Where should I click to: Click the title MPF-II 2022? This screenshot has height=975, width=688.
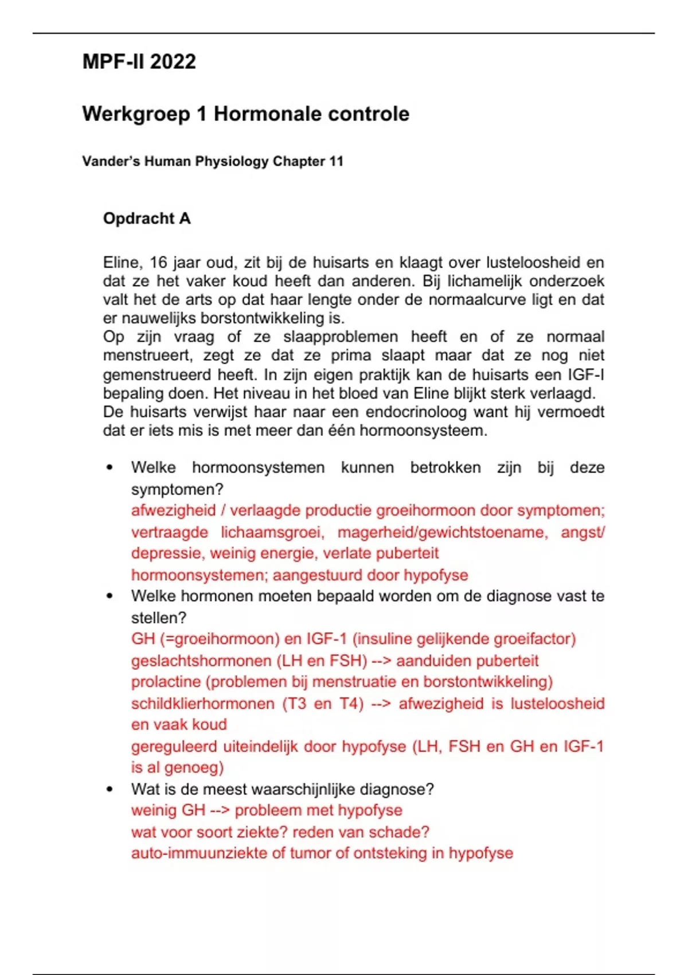click(x=139, y=61)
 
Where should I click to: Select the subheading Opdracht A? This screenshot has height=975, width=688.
click(x=147, y=219)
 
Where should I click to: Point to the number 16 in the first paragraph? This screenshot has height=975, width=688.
click(x=158, y=263)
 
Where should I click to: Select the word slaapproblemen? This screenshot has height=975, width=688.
click(x=340, y=337)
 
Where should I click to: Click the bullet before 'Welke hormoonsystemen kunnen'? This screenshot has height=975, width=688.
click(x=110, y=467)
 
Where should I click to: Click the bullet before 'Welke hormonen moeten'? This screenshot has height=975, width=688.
click(x=110, y=596)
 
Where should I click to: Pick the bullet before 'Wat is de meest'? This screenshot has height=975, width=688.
click(x=110, y=789)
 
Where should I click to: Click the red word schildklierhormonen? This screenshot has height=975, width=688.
click(x=202, y=704)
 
